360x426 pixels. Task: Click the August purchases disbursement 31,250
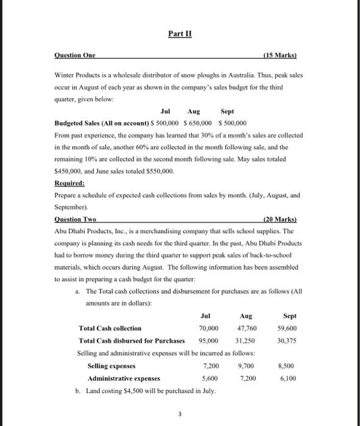coord(245,341)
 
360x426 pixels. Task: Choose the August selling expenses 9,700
coord(244,366)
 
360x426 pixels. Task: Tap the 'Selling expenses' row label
coord(111,366)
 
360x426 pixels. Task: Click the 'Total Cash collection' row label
coord(110,328)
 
